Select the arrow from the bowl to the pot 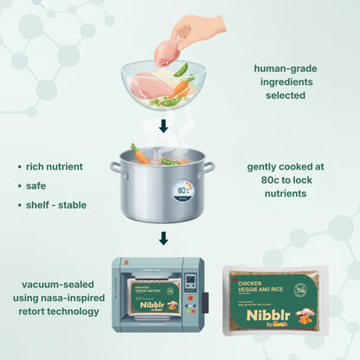pos(163,126)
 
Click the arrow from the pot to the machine pos(163,237)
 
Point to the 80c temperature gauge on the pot pos(182,190)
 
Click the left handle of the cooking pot pos(114,168)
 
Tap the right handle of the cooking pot pos(209,168)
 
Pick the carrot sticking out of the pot pos(139,154)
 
